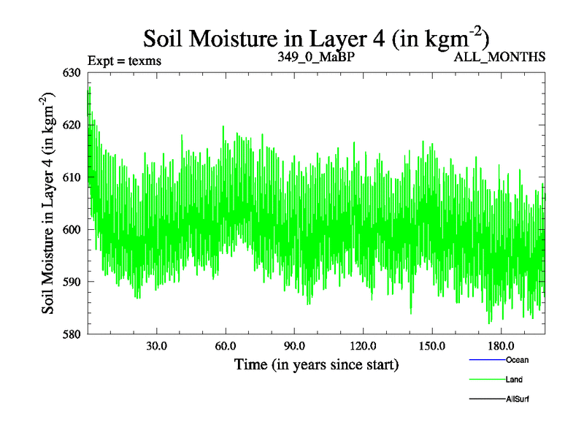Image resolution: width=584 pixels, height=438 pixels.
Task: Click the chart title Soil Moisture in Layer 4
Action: coord(316,38)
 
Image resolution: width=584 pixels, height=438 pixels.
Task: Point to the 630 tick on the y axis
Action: coord(73,72)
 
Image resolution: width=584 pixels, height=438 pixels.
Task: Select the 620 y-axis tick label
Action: coord(73,125)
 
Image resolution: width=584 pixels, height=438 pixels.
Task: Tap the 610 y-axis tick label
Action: coord(73,177)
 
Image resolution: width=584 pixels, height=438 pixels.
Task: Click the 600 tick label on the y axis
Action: coord(73,229)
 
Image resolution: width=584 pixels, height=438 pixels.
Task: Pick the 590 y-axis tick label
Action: coord(73,282)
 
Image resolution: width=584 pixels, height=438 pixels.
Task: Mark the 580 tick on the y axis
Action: coord(73,334)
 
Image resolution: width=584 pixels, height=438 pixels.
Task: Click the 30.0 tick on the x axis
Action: coord(156,345)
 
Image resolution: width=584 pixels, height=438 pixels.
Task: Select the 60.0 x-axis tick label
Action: coord(226,345)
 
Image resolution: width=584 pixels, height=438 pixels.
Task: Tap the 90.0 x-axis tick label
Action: coord(294,345)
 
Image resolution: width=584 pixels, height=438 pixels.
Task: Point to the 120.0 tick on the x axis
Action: coord(363,345)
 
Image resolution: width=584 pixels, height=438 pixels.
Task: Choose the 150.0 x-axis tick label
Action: coord(432,345)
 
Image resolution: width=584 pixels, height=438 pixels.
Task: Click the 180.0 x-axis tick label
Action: coord(501,345)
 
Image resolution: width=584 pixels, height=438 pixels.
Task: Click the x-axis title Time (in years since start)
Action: coord(317,364)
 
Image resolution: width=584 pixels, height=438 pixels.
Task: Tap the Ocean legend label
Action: coord(517,360)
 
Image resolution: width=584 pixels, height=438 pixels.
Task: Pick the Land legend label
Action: coord(514,380)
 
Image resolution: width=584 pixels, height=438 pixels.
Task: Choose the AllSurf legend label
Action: coord(518,399)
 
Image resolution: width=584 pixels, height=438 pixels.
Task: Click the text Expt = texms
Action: coord(124,61)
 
